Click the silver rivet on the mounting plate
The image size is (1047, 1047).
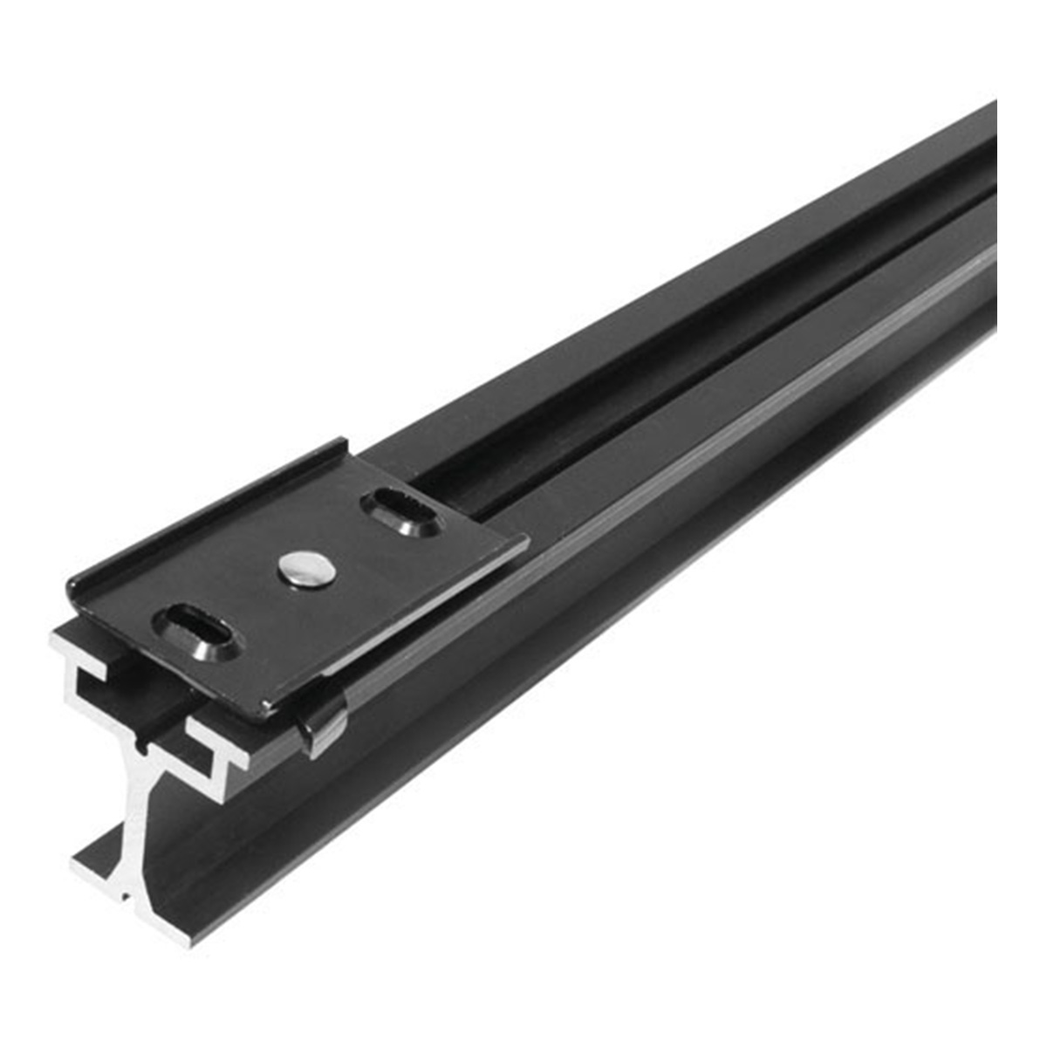(307, 569)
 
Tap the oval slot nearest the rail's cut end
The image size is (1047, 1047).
(195, 625)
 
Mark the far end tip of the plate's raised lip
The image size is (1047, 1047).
(346, 447)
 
